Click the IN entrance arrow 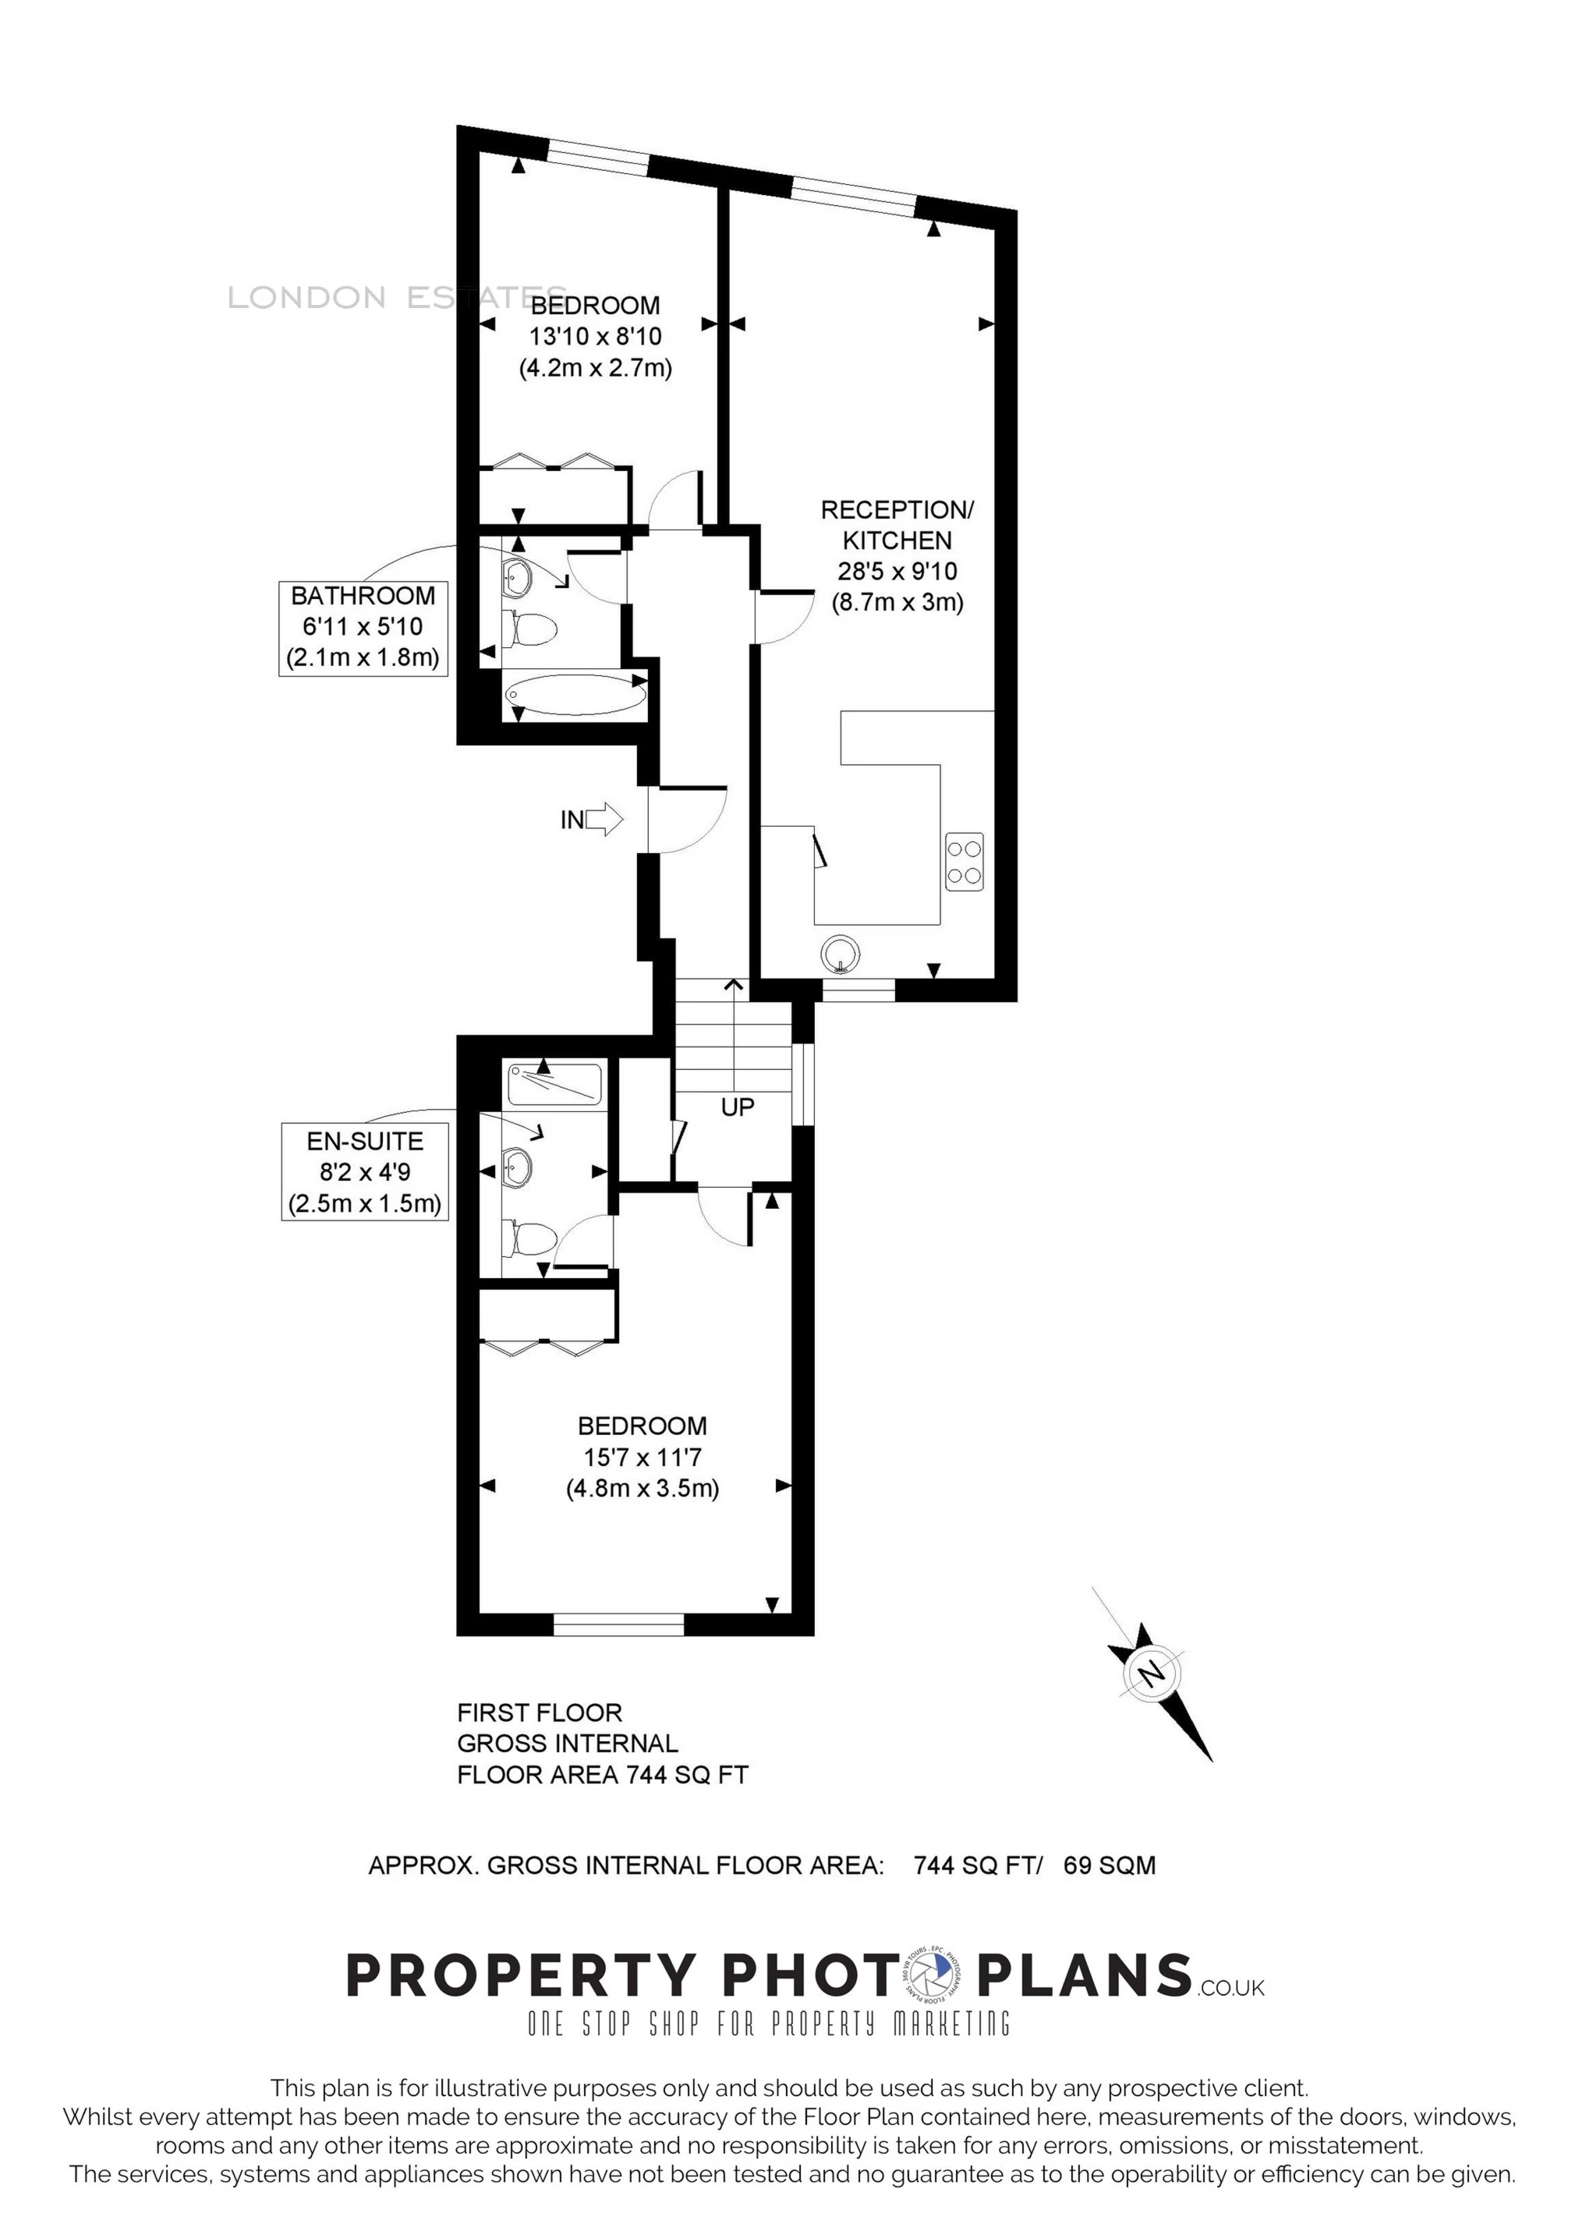604,820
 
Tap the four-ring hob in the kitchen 964,862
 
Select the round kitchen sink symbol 840,953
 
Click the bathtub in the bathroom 575,696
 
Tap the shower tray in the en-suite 555,1085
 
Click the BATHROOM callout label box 363,628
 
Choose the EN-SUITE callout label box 365,1172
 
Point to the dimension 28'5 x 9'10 897,572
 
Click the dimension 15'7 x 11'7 643,1458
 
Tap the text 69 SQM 1110,1865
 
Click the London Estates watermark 397,297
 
